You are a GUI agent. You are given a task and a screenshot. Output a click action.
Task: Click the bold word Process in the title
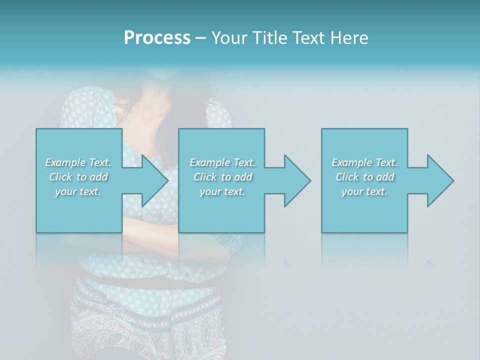(x=157, y=38)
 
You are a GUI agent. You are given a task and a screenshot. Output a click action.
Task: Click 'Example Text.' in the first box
(x=78, y=162)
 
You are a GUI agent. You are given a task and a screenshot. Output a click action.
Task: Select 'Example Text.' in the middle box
(x=222, y=162)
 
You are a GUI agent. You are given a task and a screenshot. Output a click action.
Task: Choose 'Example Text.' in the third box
(x=364, y=162)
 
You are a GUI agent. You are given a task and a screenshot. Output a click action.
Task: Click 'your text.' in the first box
(x=78, y=191)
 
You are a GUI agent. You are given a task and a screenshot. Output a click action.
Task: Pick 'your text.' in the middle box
(x=222, y=191)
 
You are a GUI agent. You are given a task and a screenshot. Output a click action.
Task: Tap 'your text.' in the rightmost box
(x=364, y=191)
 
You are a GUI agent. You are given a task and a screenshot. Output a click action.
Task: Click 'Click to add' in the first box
(x=78, y=177)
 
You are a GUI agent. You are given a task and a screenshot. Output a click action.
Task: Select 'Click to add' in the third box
(x=364, y=177)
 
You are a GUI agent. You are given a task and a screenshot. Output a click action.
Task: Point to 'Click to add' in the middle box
(x=222, y=177)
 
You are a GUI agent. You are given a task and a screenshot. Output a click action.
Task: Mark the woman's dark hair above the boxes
(x=145, y=100)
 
